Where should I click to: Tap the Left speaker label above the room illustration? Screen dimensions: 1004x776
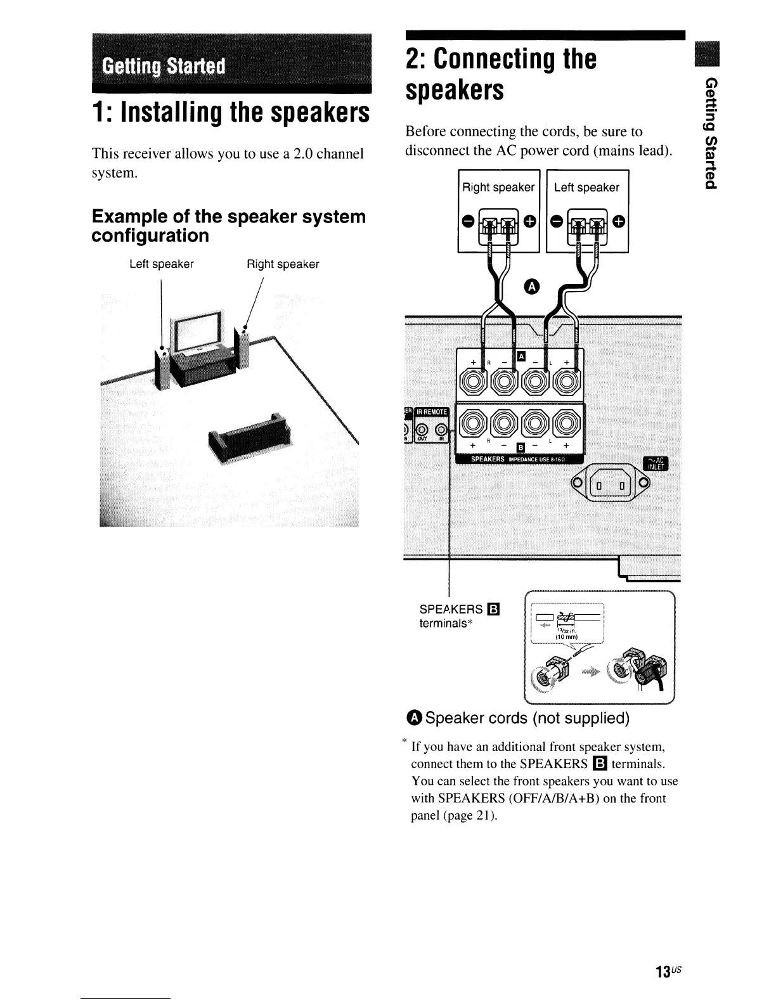(x=161, y=264)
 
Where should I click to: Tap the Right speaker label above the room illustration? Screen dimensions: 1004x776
(x=283, y=264)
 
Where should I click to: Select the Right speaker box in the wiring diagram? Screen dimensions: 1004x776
(x=498, y=212)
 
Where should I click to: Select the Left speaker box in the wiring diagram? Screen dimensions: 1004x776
(x=587, y=212)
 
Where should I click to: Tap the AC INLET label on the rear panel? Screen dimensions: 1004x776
(x=651, y=464)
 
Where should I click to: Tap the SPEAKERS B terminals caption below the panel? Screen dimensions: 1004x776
(x=460, y=616)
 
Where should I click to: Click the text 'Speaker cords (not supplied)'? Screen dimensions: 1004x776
(x=527, y=718)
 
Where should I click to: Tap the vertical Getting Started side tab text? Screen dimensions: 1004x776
(x=711, y=132)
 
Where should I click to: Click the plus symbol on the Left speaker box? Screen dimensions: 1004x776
(x=618, y=221)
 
